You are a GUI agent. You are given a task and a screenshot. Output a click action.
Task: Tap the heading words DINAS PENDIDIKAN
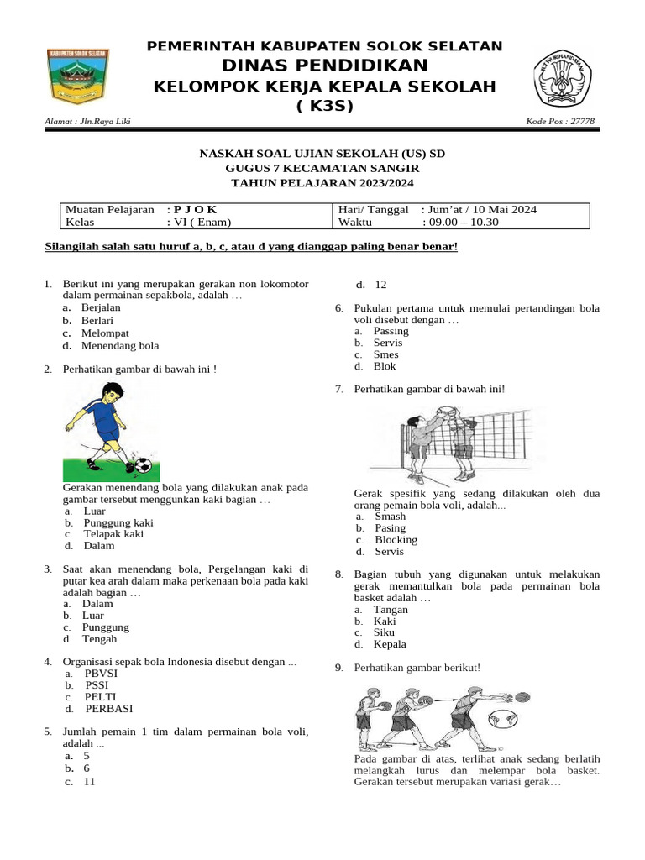coord(324,66)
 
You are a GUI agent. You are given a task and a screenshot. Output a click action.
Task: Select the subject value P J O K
coord(196,209)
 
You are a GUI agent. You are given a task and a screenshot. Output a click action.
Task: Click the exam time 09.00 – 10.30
coord(461,223)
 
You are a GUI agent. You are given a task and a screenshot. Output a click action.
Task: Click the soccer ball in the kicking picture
coord(142,464)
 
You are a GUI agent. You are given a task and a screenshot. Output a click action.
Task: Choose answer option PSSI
coord(97,685)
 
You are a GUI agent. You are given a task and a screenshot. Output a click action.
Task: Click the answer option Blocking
coord(396,540)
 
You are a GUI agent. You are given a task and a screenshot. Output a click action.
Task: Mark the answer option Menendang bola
coord(120,345)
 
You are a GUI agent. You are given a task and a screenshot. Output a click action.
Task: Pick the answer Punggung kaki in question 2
coord(118,522)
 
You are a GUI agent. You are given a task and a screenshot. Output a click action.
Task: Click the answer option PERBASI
coord(109,709)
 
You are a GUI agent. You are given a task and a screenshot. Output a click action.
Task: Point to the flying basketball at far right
coord(522,696)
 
